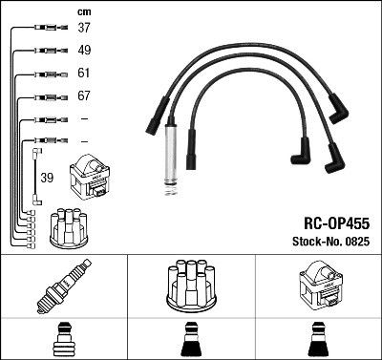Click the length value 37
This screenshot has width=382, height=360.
84,29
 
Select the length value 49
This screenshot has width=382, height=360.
84,51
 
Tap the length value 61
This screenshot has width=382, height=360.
84,74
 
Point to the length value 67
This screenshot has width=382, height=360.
84,96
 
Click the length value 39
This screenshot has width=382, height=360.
47,178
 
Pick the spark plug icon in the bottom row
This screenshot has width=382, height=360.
63,286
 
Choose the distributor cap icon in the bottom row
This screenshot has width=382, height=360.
190,286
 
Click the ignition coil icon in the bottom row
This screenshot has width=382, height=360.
318,286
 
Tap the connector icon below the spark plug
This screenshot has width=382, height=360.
63,340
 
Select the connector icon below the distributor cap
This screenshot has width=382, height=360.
190,340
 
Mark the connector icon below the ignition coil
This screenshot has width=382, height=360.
318,340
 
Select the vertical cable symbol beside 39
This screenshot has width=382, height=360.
35,176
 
